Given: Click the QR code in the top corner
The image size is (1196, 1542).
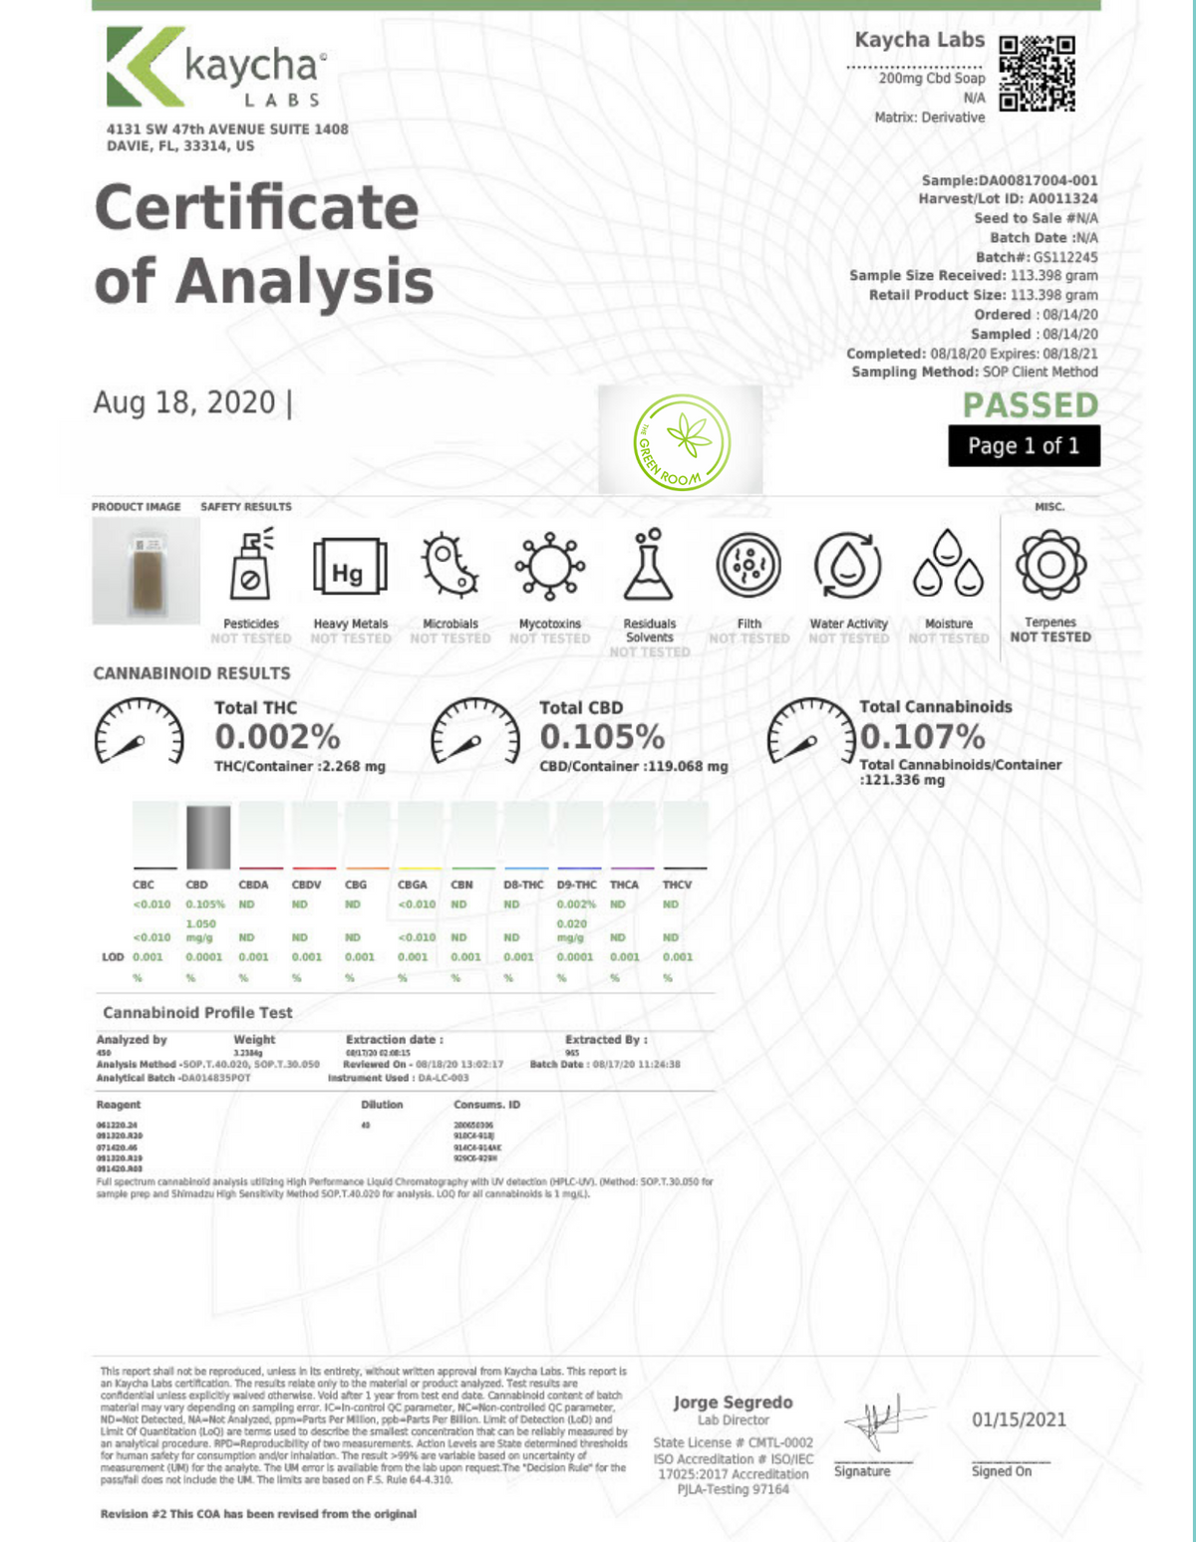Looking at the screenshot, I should [1037, 73].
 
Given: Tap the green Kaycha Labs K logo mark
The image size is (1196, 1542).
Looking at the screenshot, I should [146, 67].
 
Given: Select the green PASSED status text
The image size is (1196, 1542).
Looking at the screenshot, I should [1031, 405].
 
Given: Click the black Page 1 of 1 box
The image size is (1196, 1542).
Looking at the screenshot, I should [1024, 445].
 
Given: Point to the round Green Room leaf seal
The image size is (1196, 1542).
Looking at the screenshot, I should [682, 442].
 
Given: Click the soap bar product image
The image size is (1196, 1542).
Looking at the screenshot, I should [147, 571].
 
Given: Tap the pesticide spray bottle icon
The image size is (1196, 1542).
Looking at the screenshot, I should [250, 565].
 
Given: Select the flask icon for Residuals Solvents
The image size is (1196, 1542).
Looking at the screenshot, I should [649, 565].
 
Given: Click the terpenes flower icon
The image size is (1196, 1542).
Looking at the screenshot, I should [1049, 565].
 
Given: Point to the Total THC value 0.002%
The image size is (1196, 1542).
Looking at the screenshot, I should [277, 737].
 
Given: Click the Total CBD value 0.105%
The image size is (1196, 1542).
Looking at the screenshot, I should [602, 737].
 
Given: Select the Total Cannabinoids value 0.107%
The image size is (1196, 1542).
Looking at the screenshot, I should [922, 737].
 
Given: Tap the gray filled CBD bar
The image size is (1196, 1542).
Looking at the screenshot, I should [208, 837].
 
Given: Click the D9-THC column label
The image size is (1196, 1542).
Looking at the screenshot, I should [576, 885].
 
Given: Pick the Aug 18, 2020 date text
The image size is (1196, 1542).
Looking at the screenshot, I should [184, 402].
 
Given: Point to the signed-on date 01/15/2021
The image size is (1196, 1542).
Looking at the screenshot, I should [1019, 1419].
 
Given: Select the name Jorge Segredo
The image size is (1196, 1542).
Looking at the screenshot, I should [733, 1402].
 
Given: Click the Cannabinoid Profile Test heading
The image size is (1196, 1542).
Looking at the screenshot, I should [197, 1012].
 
